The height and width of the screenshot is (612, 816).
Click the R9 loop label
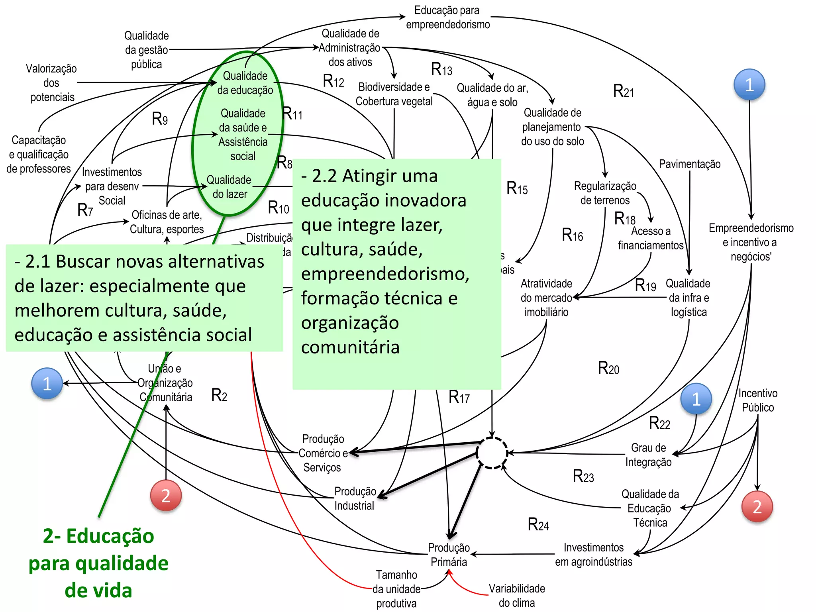pyautogui.click(x=160, y=118)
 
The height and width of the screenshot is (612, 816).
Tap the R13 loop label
pyautogui.click(x=441, y=69)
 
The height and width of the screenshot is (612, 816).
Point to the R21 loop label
pyautogui.click(x=623, y=91)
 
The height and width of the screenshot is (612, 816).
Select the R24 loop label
pyautogui.click(x=538, y=524)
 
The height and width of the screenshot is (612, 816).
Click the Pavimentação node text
pyautogui.click(x=689, y=164)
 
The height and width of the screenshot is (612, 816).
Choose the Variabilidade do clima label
pyautogui.click(x=517, y=595)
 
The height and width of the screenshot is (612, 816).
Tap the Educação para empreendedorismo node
pyautogui.click(x=447, y=17)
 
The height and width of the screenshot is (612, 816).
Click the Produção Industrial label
pyautogui.click(x=355, y=498)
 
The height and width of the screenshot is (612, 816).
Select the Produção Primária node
pyautogui.click(x=449, y=554)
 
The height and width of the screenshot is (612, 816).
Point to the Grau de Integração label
pyautogui.click(x=648, y=455)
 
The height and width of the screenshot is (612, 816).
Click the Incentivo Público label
pyautogui.click(x=757, y=400)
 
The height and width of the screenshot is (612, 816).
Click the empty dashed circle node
pyautogui.click(x=492, y=453)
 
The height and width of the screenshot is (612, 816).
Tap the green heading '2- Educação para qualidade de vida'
pyautogui.click(x=98, y=563)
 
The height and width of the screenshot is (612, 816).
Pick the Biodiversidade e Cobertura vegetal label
pyautogui.click(x=394, y=94)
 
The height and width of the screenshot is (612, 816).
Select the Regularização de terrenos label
pyautogui.click(x=605, y=193)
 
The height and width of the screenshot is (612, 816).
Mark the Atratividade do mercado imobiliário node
pyautogui.click(x=546, y=298)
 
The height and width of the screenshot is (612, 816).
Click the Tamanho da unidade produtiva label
pyautogui.click(x=396, y=589)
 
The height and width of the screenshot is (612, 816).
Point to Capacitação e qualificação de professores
pyautogui.click(x=39, y=154)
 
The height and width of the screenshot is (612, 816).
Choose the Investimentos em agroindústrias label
pyautogui.click(x=593, y=554)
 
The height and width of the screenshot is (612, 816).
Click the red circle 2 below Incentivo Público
pyautogui.click(x=757, y=506)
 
